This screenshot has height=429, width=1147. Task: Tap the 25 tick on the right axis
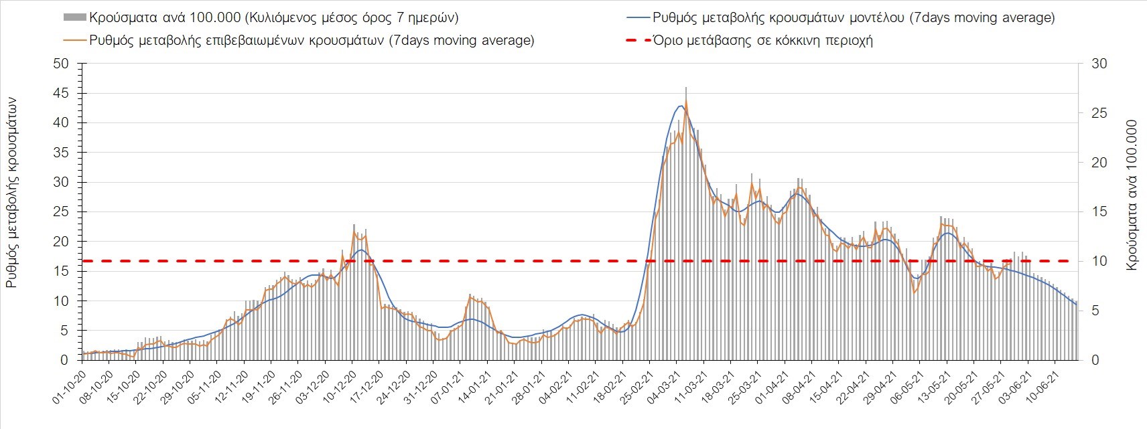point(1099,113)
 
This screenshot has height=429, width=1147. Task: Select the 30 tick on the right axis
point(1099,64)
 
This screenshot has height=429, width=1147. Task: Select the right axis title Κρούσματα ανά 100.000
point(1132,195)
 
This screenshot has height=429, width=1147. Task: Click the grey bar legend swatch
point(75,17)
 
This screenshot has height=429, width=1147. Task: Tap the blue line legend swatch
point(637,17)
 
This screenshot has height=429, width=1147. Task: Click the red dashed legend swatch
point(637,40)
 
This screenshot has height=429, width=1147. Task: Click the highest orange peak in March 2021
point(686,102)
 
